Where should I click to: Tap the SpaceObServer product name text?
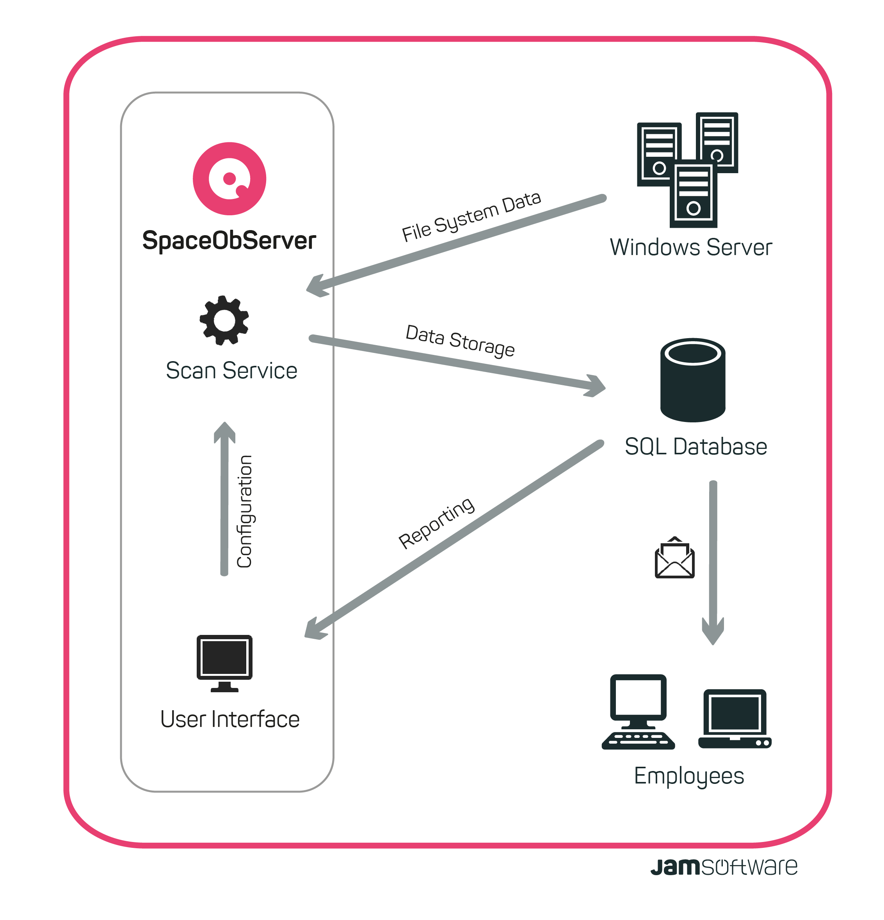point(229,240)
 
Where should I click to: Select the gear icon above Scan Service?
point(224,320)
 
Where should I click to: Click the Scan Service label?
point(231,370)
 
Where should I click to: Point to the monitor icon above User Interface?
point(224,662)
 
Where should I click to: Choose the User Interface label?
point(230,719)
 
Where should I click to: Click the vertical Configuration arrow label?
point(245,511)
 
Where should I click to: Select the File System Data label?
point(471,216)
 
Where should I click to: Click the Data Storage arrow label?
point(460,340)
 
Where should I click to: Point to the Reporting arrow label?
point(436,523)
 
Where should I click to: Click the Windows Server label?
point(690,247)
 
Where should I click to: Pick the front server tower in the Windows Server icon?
point(693,194)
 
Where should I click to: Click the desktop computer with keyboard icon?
point(638,712)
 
